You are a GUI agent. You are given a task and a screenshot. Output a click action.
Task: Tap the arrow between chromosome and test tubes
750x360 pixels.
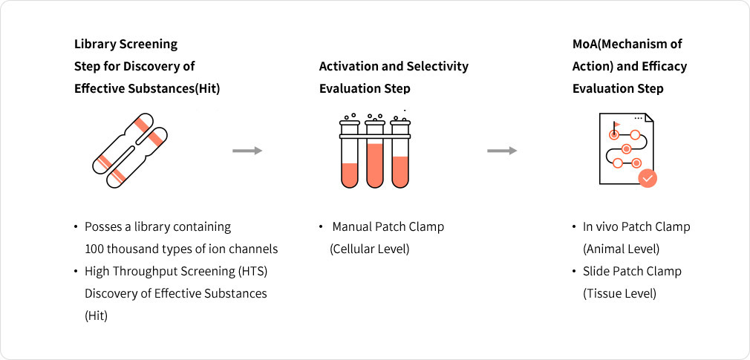click(247, 151)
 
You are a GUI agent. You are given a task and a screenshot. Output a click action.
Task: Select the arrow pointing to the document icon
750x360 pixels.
click(502, 151)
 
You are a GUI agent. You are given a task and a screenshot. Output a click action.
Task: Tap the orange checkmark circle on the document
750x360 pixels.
click(648, 178)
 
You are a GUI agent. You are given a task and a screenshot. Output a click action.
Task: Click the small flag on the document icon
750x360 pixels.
click(616, 125)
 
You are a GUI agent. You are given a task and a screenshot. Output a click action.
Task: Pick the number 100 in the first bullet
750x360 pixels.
click(94, 249)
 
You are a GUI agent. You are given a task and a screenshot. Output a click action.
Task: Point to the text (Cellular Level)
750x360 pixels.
click(369, 249)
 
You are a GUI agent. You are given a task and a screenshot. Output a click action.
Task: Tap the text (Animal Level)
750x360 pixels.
click(621, 249)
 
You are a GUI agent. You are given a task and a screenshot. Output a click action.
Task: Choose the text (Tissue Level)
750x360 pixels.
click(619, 293)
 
